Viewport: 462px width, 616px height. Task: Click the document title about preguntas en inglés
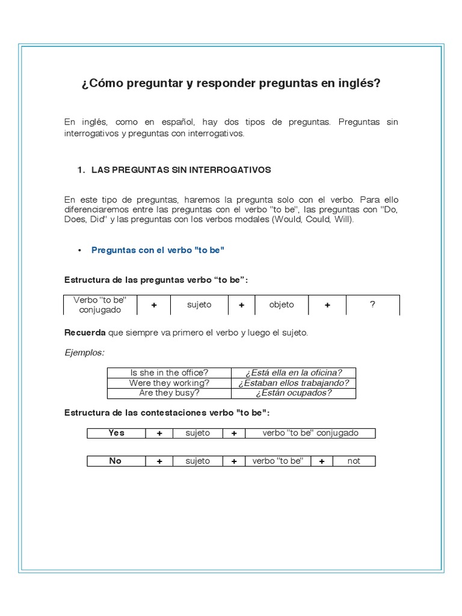(231, 83)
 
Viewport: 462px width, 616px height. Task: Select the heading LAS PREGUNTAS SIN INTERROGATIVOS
(181, 170)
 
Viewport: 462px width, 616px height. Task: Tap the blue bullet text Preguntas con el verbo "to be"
(158, 250)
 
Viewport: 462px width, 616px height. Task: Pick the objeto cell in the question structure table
(282, 304)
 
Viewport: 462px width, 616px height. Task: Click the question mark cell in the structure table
(373, 304)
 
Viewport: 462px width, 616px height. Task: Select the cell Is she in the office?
(169, 373)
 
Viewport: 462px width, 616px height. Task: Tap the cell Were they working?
(169, 383)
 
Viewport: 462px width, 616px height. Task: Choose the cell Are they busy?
(169, 393)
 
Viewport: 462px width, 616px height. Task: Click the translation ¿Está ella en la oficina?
(294, 373)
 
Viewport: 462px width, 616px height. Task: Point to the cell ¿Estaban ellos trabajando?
(294, 383)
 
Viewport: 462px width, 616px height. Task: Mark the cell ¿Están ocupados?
(294, 393)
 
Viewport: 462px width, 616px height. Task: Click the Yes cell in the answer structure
(116, 433)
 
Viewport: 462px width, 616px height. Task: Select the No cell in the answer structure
(115, 461)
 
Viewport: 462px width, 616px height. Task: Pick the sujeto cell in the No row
(198, 461)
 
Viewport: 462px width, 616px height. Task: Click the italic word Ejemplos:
(84, 353)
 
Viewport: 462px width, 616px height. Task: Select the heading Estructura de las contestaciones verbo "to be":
(167, 413)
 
